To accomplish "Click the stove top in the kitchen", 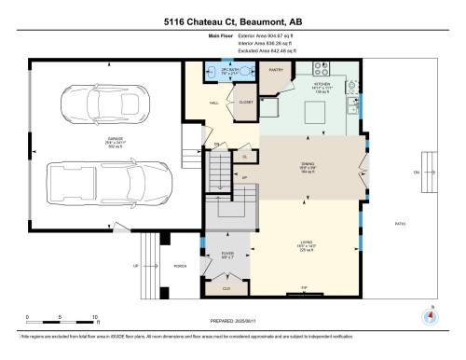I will pos(321,68).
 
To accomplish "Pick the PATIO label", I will pos(400,224).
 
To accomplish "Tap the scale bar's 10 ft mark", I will pos(96,318).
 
